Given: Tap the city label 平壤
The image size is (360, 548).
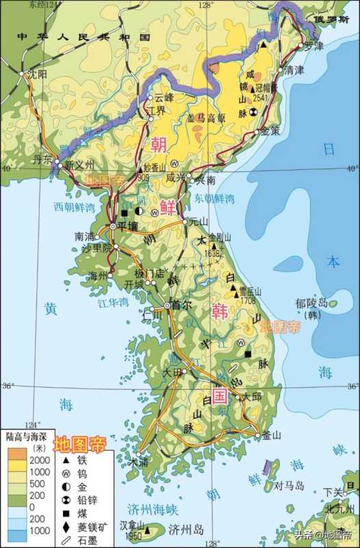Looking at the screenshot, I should [x=129, y=225].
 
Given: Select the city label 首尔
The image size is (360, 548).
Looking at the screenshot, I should [x=182, y=306].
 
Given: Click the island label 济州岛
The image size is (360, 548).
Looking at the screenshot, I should [x=187, y=529].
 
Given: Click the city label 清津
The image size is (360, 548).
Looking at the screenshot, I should [x=295, y=71].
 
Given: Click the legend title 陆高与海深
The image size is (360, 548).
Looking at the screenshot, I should [x=25, y=436].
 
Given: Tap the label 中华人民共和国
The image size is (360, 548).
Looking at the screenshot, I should [x=82, y=36].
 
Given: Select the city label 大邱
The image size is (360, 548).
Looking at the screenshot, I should [x=252, y=397].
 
